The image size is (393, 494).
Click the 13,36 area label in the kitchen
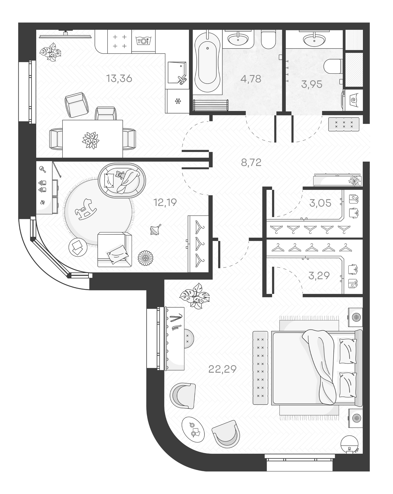pos(119,79)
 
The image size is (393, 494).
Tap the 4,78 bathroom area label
pos(250,79)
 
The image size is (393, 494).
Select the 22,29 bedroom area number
pos(222,369)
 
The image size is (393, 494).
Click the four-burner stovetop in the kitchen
pos(120,41)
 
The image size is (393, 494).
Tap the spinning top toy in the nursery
pos(155,229)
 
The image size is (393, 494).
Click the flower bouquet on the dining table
pos(90,140)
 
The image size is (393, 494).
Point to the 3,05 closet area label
pos(320,203)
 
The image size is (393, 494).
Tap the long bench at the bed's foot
pos(260,367)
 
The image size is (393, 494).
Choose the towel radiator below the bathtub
pos(211,105)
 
